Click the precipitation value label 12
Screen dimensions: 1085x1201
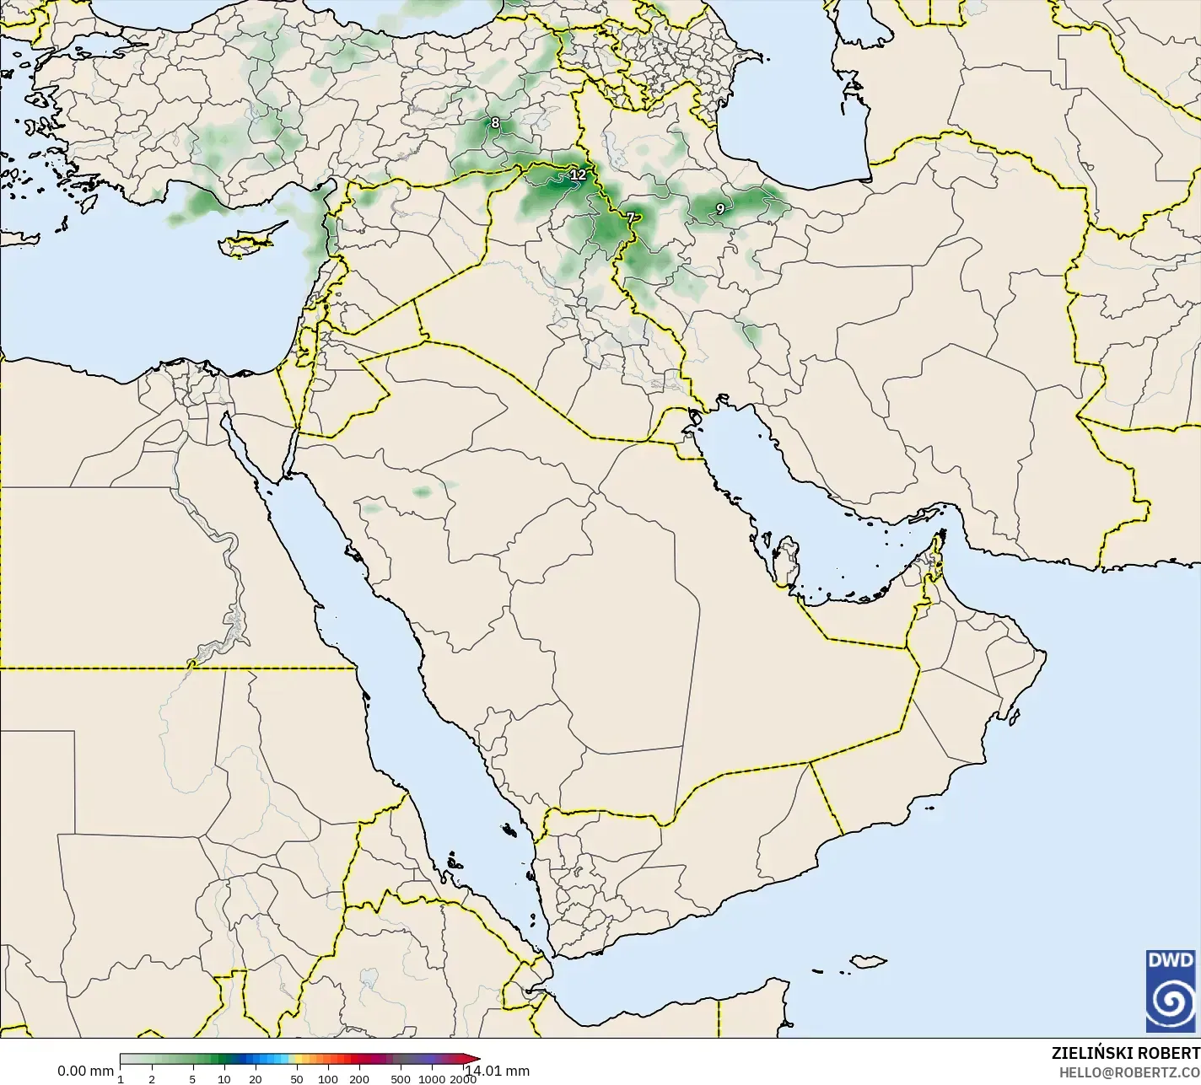578,175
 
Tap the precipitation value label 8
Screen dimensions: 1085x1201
495,123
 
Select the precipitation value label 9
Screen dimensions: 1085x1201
719,208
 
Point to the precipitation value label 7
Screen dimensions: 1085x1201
630,218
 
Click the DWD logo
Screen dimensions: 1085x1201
1170,991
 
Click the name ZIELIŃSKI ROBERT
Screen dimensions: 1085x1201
1125,1054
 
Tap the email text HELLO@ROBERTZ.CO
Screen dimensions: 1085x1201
1129,1072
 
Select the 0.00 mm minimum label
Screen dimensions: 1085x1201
84,1072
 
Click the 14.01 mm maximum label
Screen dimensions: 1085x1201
498,1072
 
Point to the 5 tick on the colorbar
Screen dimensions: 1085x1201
192,1078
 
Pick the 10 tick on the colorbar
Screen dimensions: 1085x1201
224,1078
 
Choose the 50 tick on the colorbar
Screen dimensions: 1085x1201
296,1078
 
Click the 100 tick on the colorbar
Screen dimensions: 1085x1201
328,1078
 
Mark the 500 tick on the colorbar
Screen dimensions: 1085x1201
401,1078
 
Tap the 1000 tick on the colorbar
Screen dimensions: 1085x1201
432,1078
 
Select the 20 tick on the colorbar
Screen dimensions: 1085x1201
255,1078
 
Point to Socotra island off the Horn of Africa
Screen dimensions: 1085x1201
867,961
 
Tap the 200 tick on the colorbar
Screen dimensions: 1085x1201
359,1078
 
